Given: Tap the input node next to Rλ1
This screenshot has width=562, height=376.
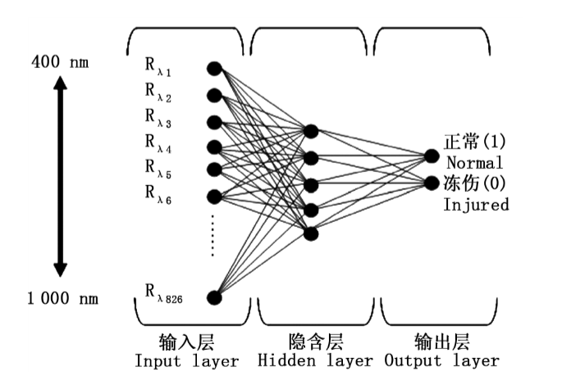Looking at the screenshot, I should click(x=214, y=68).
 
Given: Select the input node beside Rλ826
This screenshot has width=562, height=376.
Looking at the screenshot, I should click(x=214, y=297).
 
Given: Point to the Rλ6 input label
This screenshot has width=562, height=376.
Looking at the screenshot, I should click(x=158, y=193).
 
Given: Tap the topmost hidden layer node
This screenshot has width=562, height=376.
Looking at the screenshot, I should click(x=310, y=131).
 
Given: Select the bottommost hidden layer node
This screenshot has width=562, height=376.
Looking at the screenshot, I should click(x=310, y=234).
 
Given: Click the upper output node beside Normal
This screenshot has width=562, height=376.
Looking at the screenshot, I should click(x=432, y=156).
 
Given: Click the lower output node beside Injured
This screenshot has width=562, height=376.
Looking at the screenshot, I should click(x=432, y=182).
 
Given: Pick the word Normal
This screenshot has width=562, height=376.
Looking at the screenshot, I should click(x=476, y=162).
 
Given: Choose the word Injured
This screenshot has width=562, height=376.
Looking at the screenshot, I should click(x=476, y=204).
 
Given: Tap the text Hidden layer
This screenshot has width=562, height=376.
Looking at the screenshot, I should click(x=311, y=360).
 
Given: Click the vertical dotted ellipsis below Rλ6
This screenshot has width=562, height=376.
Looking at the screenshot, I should click(x=213, y=236).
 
